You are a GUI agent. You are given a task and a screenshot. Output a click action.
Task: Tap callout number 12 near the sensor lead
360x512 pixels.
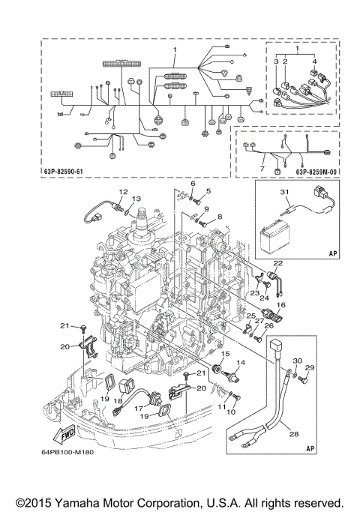[x=123, y=191]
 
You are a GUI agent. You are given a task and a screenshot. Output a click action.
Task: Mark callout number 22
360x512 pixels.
[x=277, y=262]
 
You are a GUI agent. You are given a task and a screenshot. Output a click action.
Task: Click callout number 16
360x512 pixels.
[x=283, y=305]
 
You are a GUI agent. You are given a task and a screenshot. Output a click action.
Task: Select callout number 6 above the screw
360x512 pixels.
[x=193, y=184]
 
